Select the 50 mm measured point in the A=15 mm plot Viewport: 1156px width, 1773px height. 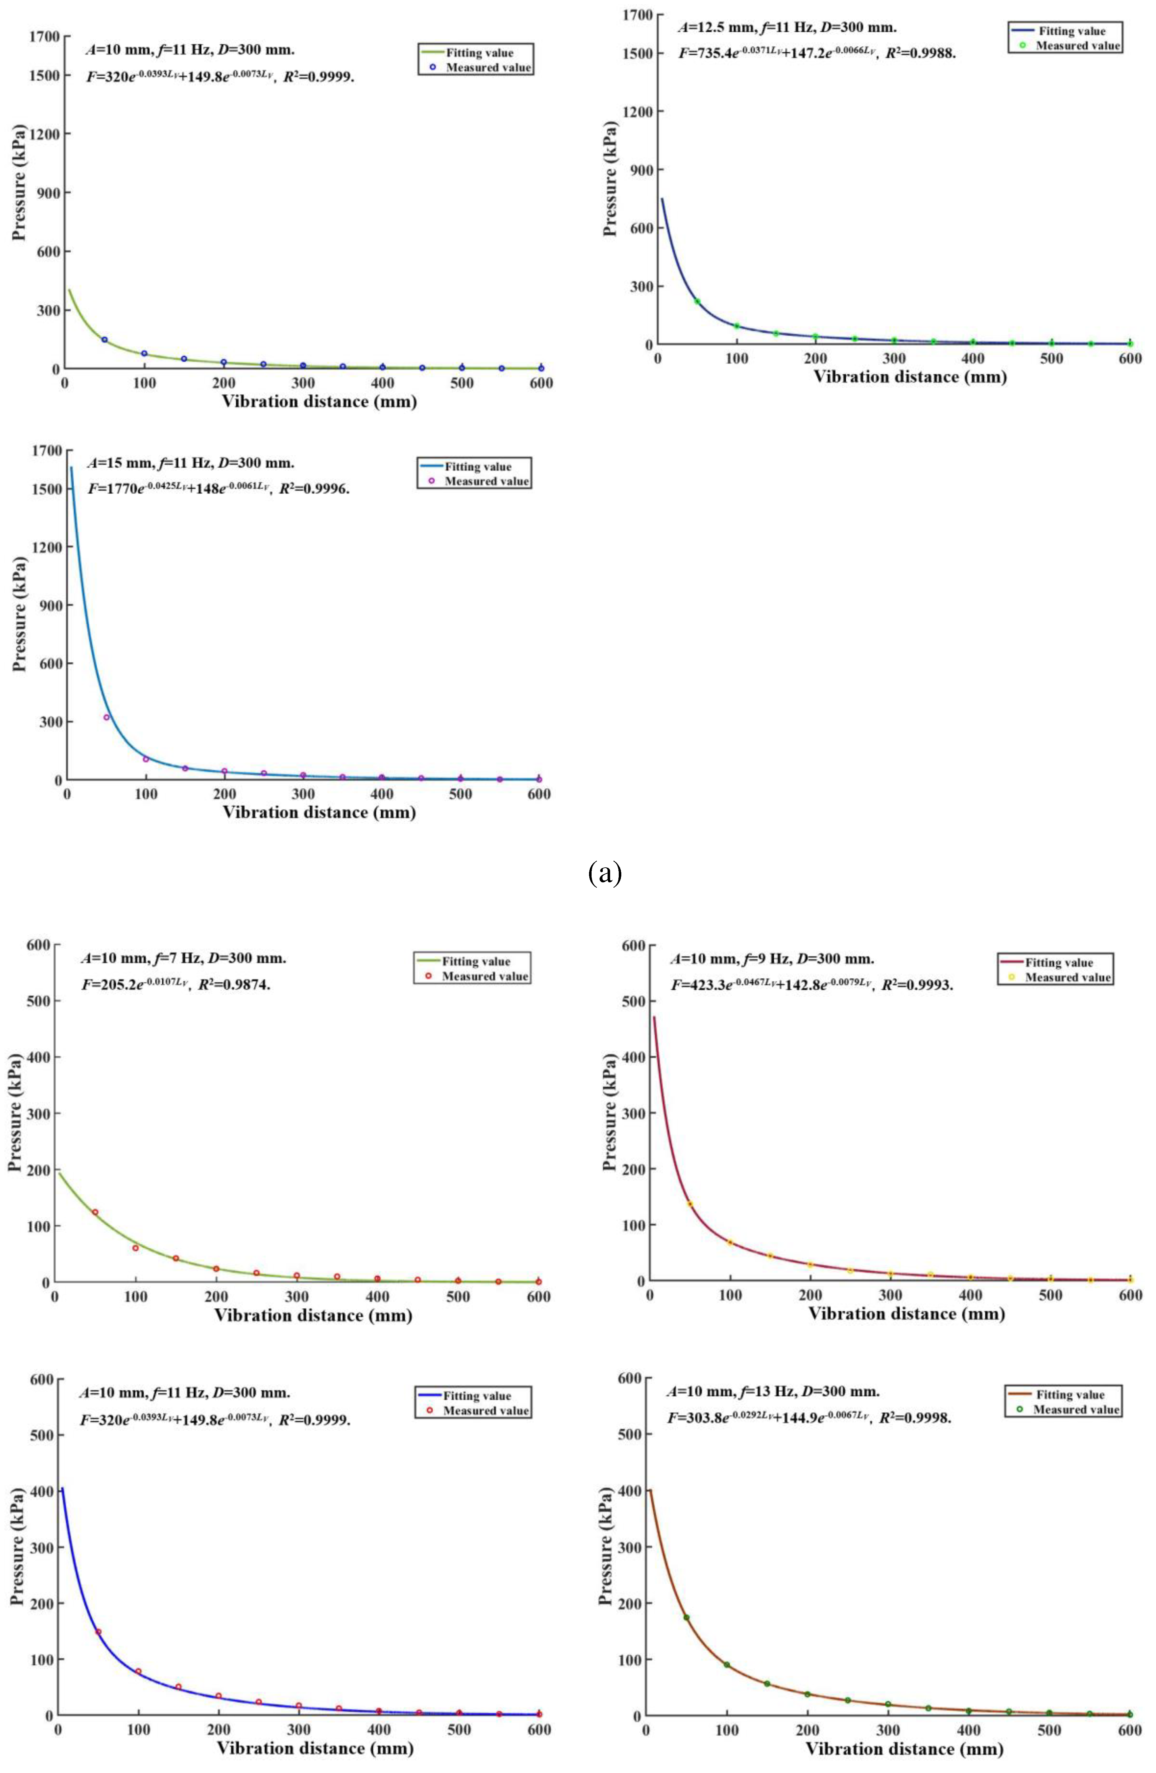106,717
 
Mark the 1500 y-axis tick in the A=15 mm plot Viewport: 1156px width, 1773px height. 51,489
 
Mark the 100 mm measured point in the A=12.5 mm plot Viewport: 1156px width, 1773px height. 736,325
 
